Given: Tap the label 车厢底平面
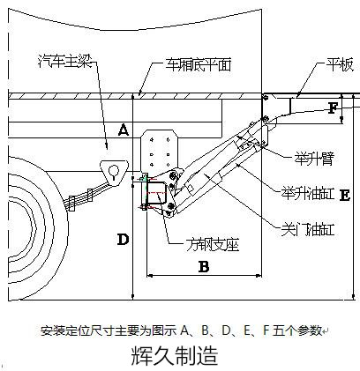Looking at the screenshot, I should (198, 64).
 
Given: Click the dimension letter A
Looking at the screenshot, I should (124, 130).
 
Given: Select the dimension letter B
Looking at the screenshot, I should (202, 265).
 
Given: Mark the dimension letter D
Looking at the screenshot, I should (123, 239).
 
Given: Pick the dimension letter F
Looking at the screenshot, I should (332, 109).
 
